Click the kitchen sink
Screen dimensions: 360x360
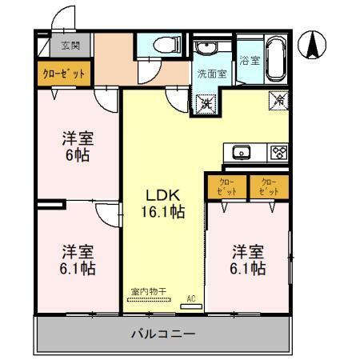(x=242, y=152)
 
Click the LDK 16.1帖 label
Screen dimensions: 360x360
(x=166, y=203)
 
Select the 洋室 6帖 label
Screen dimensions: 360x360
(x=76, y=145)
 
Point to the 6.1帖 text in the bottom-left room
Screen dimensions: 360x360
(x=78, y=268)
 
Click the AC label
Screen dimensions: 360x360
(x=190, y=299)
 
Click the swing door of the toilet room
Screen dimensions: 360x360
(x=149, y=73)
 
